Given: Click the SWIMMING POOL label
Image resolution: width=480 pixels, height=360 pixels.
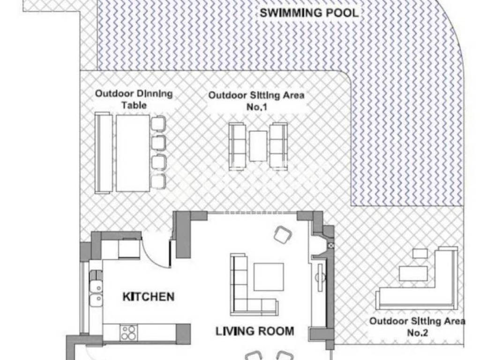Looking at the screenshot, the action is tap(309, 13).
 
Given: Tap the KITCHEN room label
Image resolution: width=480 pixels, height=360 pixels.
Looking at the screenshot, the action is tap(149, 297).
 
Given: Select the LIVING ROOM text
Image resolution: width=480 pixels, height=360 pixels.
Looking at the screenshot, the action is tap(255, 331).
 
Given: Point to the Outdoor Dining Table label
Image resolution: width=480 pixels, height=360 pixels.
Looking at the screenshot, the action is tap(134, 99).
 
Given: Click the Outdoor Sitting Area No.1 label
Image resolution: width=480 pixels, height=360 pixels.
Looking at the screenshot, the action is tap(256, 101).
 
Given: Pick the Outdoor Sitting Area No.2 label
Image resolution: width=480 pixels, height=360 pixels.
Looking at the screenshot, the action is tap(417, 327).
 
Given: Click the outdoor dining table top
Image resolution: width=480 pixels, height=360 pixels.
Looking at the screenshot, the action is tap(133, 153).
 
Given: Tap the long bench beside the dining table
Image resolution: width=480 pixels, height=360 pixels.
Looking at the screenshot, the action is tap(103, 153).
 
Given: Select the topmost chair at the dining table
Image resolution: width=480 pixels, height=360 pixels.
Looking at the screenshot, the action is tap(158, 124).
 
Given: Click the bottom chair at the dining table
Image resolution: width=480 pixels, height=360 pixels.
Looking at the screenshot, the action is tap(158, 181).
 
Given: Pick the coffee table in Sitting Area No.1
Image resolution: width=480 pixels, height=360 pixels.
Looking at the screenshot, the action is tap(258, 146).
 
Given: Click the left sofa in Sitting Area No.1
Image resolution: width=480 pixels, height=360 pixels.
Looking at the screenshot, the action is tap(237, 146).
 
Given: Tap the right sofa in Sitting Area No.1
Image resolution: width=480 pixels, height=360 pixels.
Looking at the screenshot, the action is tap(278, 146).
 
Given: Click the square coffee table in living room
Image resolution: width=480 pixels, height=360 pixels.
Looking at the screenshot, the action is tap(269, 277).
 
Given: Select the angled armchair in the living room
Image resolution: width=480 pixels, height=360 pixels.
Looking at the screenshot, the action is tap(283, 235).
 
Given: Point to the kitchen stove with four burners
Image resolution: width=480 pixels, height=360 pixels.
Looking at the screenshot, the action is tap(129, 332).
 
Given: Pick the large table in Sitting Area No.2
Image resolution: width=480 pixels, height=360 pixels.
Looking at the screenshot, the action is tap(413, 273).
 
